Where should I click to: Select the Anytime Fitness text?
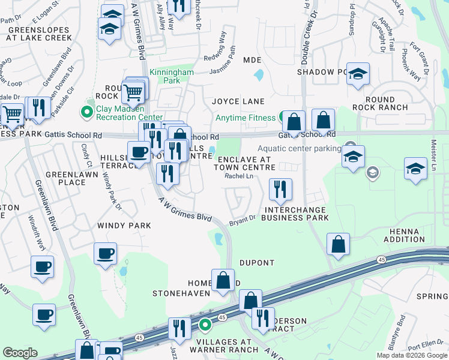(247, 118)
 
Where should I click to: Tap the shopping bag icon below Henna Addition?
(339, 245)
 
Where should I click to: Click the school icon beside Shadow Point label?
(358, 75)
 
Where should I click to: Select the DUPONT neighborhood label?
(256, 263)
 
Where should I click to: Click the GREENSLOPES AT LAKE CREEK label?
(40, 33)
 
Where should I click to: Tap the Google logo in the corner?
(20, 353)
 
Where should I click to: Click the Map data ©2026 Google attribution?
(411, 355)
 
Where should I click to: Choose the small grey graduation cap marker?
(372, 173)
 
